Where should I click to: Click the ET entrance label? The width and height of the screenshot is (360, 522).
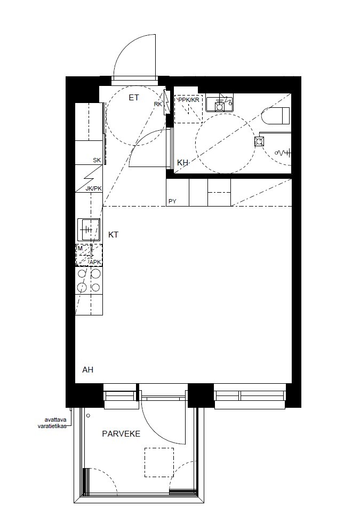coord(134,98)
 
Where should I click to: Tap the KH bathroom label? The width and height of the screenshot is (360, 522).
coord(183,162)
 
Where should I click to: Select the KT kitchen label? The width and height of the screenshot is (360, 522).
coord(113,234)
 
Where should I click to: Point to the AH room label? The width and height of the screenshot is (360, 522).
coord(88,369)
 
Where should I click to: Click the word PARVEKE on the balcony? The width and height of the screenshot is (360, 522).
coord(121,434)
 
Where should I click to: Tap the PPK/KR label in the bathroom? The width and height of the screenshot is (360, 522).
coord(189,100)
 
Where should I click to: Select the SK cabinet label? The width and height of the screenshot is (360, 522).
coord(97,160)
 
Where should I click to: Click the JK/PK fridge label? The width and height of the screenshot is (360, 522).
coord(93,188)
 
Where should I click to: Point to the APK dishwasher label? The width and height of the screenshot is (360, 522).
coord(95,262)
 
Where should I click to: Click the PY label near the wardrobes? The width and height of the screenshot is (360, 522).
coord(172,201)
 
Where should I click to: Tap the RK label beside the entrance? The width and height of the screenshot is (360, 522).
coord(158,104)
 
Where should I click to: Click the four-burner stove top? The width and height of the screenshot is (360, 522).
coord(89,281)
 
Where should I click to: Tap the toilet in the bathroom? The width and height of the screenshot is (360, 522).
coord(277,115)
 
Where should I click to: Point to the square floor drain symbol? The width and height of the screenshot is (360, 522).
coord(259,141)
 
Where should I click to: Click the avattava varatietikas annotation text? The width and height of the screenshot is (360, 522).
coord(52,422)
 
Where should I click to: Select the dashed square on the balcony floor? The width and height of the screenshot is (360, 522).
coord(159,462)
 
